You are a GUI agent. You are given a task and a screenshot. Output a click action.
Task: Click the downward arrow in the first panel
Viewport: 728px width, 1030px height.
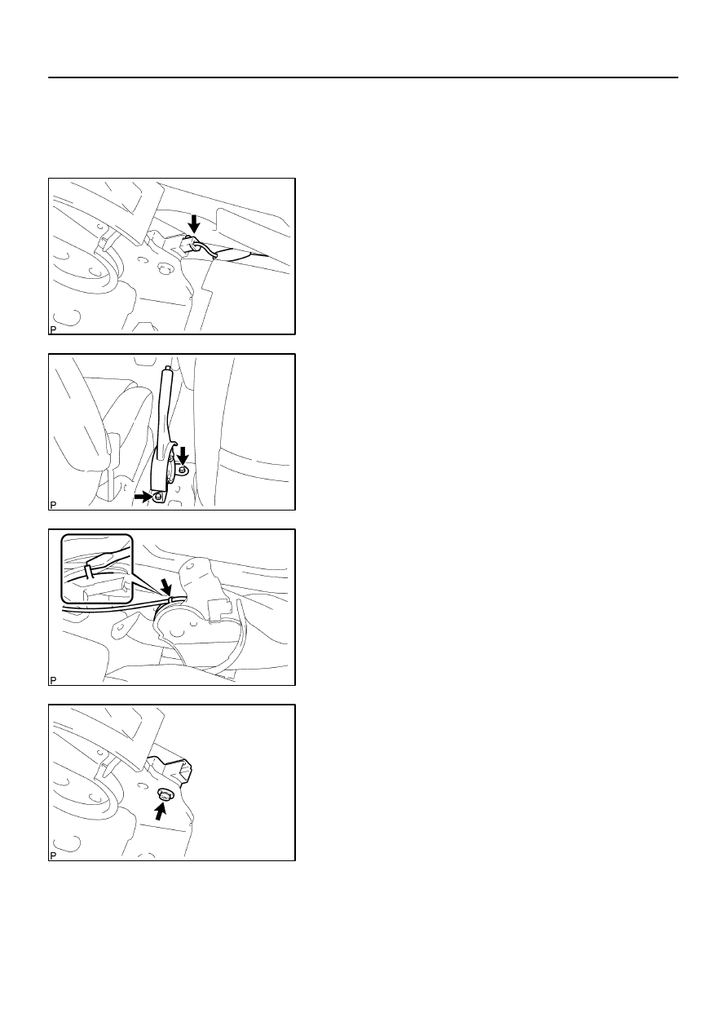coord(194,223)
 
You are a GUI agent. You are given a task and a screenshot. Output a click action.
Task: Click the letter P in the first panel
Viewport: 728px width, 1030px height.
coord(53,329)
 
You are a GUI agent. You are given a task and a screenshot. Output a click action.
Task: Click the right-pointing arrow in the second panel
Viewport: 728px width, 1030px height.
coord(143,496)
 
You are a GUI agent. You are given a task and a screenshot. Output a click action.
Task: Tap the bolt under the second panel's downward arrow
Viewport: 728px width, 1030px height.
coord(183,470)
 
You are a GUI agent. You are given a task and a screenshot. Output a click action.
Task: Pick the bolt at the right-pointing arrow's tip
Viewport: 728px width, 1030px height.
coord(158,497)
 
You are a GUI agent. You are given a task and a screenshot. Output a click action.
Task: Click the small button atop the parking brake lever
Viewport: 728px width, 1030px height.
coord(167,368)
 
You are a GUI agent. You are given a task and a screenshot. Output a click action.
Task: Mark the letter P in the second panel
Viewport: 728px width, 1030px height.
coord(53,506)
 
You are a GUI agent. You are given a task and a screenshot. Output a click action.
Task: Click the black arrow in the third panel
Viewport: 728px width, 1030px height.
coord(166,586)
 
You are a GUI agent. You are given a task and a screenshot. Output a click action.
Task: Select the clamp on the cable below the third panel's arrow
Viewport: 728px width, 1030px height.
coord(170,599)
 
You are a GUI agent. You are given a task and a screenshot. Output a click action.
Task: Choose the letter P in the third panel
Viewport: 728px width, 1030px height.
coord(53,680)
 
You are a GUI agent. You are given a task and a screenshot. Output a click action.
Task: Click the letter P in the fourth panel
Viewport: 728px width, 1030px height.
coord(53,855)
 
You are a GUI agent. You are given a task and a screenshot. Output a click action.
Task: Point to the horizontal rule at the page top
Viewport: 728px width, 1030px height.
coord(363,77)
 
